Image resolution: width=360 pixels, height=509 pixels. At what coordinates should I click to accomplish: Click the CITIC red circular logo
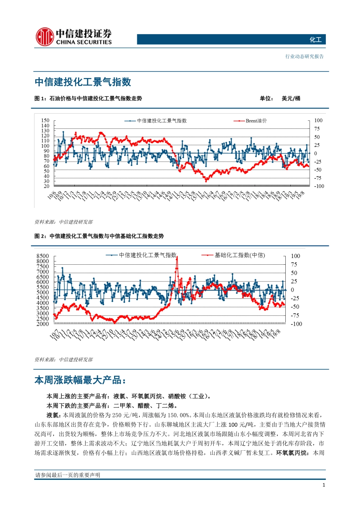point(44,37)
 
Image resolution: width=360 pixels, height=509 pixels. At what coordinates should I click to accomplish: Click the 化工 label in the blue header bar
point(315,40)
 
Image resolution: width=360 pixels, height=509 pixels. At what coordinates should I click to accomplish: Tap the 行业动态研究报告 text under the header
point(304,56)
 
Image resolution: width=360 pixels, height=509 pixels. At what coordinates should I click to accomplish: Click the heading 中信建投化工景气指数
point(83,82)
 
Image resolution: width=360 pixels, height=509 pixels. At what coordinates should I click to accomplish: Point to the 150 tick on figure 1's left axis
point(45,120)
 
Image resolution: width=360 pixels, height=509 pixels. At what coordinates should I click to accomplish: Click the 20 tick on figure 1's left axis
point(47,186)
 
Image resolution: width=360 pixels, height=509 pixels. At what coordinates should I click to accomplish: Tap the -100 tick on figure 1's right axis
point(319,186)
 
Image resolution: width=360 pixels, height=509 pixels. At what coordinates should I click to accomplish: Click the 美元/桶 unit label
point(291,98)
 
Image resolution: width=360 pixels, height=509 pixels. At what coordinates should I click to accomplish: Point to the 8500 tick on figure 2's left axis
point(43,256)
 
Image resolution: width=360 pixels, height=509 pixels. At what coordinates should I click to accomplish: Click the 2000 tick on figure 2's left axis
point(43,324)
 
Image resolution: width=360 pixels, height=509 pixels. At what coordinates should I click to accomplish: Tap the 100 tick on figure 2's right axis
point(295,256)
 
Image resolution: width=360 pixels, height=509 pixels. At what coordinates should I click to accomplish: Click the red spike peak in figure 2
point(177,258)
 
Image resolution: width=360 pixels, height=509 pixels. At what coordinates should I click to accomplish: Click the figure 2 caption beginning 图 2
point(99,236)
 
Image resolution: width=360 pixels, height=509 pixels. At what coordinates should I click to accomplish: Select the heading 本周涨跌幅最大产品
point(80,380)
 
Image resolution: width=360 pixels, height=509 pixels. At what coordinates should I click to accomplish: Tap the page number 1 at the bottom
point(324,485)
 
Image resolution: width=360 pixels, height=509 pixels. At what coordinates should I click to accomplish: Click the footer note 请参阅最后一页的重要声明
point(68,475)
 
